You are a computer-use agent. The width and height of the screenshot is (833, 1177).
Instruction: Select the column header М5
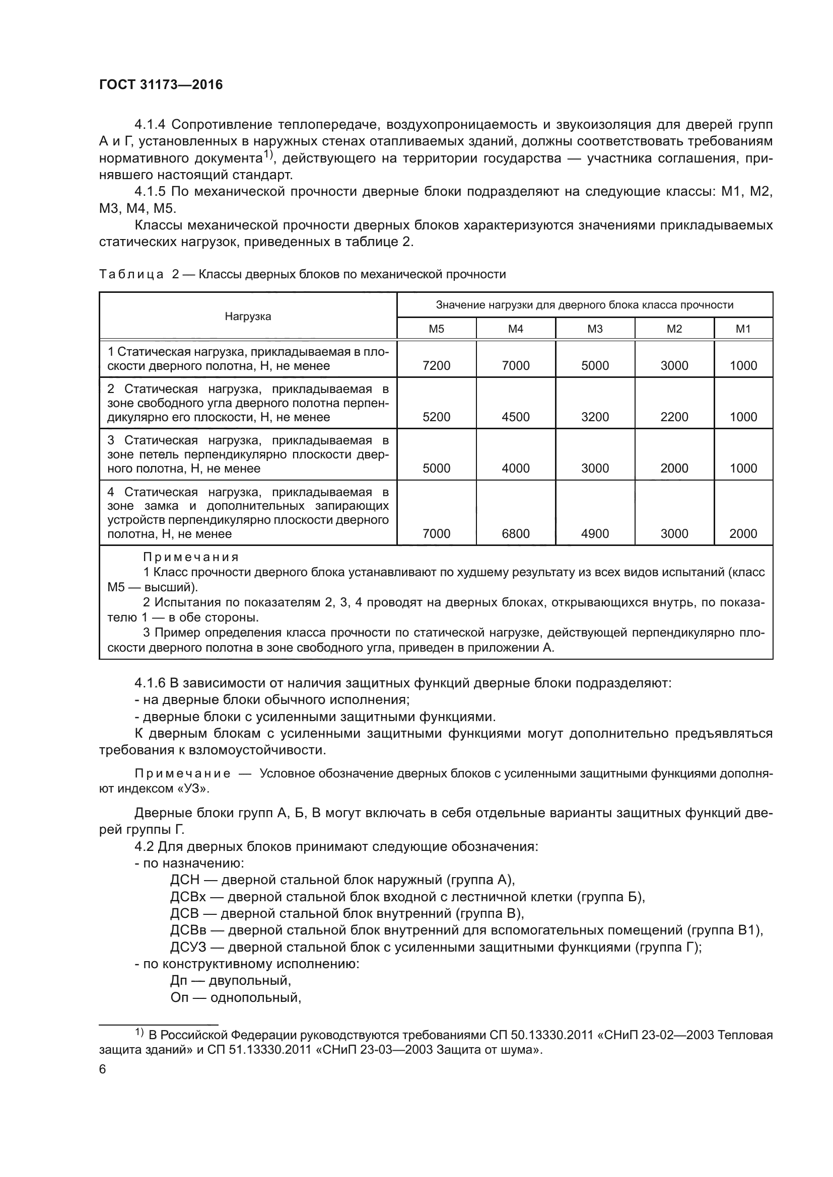pos(436,329)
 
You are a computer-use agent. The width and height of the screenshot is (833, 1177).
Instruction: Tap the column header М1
pos(743,329)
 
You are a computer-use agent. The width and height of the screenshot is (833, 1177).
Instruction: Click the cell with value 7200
pos(436,365)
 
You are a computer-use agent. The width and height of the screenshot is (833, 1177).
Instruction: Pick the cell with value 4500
pos(516,417)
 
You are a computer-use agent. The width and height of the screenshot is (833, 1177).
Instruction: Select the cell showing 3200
pos(594,417)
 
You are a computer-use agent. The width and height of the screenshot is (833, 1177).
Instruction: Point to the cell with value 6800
pos(516,533)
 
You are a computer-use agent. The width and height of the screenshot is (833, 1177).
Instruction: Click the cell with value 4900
pos(594,533)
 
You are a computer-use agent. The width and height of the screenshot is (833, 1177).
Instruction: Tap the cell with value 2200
pos(674,417)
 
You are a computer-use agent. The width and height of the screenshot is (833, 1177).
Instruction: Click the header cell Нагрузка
pos(248,317)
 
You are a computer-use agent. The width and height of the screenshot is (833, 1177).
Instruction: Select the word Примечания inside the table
pos(191,557)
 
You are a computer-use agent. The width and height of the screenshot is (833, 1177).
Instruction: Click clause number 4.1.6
pos(150,683)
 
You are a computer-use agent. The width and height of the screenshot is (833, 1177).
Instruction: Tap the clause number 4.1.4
pos(150,125)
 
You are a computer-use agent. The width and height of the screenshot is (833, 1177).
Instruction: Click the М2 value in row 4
pos(674,533)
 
